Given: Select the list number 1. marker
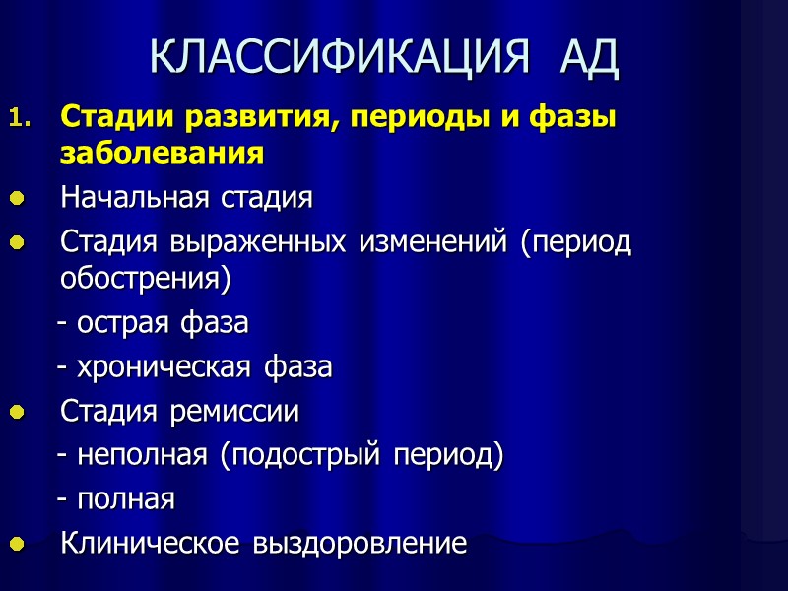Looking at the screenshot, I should [x=21, y=120].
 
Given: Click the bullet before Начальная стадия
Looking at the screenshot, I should [x=16, y=198].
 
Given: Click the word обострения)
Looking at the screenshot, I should [x=145, y=279].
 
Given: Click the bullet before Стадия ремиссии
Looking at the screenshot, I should [x=16, y=411].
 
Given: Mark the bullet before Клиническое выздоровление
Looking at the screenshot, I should [x=16, y=543].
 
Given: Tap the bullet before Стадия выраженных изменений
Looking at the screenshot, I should [x=16, y=241].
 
